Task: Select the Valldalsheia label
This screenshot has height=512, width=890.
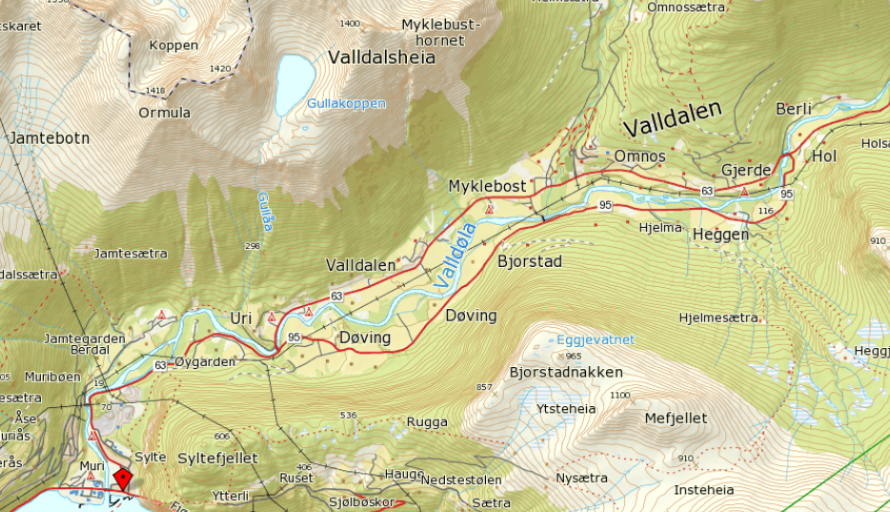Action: tap(381, 57)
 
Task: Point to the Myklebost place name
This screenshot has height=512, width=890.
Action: tap(487, 187)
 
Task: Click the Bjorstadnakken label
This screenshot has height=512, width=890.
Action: tap(566, 372)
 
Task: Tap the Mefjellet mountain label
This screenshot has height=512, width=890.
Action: tap(676, 418)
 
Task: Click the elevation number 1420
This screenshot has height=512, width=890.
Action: tap(220, 69)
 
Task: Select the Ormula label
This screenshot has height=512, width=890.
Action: tap(165, 113)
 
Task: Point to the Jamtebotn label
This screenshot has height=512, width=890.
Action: tap(50, 138)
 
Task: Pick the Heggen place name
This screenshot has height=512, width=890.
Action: tap(720, 235)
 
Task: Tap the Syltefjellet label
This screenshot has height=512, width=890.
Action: tap(217, 459)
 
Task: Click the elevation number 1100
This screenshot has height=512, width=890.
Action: tap(621, 395)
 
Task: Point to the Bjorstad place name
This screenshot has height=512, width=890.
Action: tap(530, 261)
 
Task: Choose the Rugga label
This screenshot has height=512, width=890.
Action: tap(427, 421)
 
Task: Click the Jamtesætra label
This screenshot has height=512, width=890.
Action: tap(131, 254)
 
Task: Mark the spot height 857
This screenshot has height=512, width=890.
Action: tap(484, 387)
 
